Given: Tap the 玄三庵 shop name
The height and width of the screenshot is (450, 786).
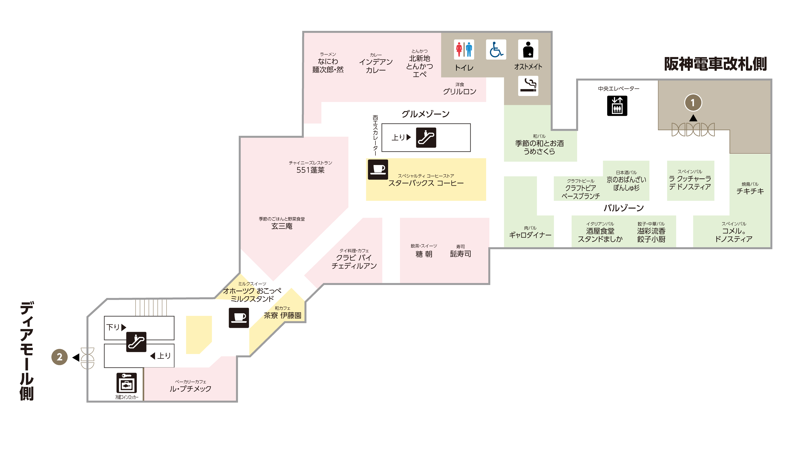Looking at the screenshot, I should (282, 226).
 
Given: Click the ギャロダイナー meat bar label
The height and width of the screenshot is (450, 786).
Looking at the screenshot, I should (530, 235).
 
